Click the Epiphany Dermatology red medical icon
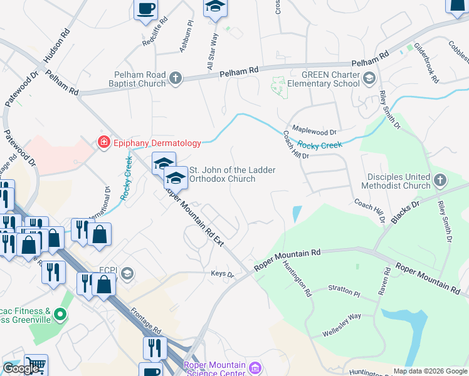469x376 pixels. [x=104, y=143]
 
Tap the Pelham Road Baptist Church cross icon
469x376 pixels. [x=176, y=78]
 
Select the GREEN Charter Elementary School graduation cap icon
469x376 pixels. [x=369, y=78]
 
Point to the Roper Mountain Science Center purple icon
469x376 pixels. [x=254, y=368]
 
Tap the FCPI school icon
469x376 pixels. [x=127, y=273]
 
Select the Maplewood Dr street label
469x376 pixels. [x=314, y=132]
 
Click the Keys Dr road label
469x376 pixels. [x=222, y=274]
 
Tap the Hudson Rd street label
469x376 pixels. [x=54, y=48]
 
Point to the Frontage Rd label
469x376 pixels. [x=146, y=320]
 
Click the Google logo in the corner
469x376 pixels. [x=21, y=368]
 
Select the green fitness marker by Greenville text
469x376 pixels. [x=60, y=314]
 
